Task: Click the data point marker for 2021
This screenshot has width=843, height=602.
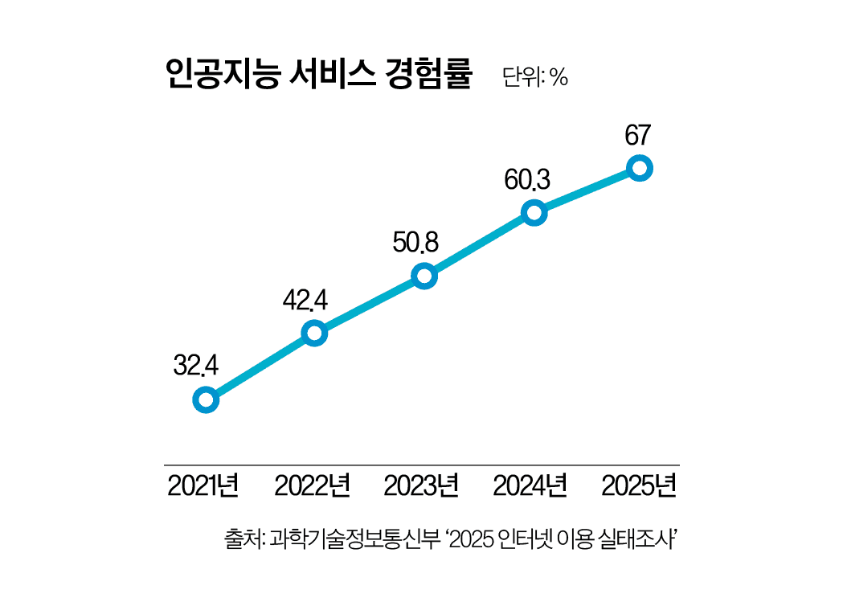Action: pyautogui.click(x=206, y=399)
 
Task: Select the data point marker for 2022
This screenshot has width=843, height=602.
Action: pyautogui.click(x=314, y=333)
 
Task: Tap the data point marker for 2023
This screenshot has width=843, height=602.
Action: pyautogui.click(x=424, y=276)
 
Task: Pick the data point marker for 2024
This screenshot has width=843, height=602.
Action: pyautogui.click(x=534, y=213)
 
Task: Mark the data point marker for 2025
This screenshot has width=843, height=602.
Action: pyautogui.click(x=639, y=168)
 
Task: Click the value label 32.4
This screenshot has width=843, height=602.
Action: pyautogui.click(x=196, y=366)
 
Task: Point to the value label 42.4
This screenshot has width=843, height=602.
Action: pyautogui.click(x=305, y=300)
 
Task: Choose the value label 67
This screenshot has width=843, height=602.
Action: pyautogui.click(x=637, y=135)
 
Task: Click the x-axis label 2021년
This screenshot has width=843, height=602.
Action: pyautogui.click(x=203, y=486)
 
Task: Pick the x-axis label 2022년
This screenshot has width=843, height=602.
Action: pyautogui.click(x=312, y=486)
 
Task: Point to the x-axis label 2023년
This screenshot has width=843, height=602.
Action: pyautogui.click(x=421, y=486)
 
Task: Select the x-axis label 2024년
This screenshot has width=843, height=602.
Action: pyautogui.click(x=530, y=486)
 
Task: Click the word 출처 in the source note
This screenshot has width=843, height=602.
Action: pyautogui.click(x=241, y=538)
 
